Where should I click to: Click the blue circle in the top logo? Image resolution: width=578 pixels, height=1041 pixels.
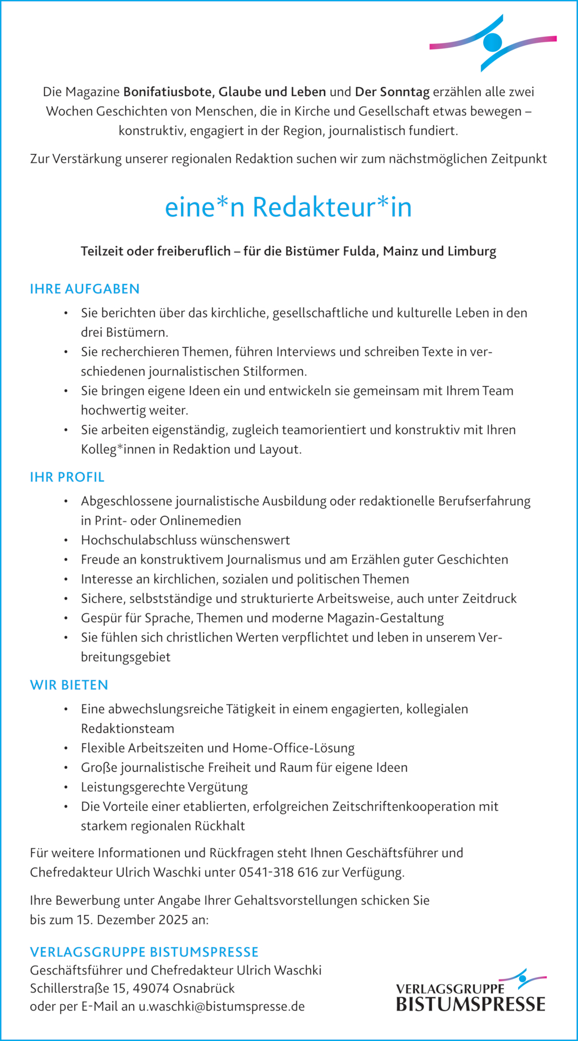tap(492, 42)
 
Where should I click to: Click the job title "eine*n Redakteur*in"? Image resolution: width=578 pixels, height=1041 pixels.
tap(288, 207)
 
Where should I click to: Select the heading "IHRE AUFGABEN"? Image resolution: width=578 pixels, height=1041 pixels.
tap(85, 289)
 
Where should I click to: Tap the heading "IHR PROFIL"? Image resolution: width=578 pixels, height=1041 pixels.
tap(67, 477)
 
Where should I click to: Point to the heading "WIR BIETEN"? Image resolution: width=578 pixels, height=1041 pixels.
tap(69, 685)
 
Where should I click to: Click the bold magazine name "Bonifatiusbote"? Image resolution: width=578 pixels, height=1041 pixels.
tap(167, 92)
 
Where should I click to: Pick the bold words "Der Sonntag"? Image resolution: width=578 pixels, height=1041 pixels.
tap(392, 92)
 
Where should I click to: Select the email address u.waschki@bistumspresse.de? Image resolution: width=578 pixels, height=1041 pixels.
tap(222, 1007)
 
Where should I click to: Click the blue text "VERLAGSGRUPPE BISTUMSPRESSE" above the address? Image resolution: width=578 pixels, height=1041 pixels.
tap(144, 952)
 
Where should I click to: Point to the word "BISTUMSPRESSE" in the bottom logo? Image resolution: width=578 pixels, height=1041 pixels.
tap(470, 1005)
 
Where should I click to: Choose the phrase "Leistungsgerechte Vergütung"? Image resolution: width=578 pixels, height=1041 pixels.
tap(164, 787)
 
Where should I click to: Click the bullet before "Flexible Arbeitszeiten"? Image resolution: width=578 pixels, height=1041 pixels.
tap(66, 749)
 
